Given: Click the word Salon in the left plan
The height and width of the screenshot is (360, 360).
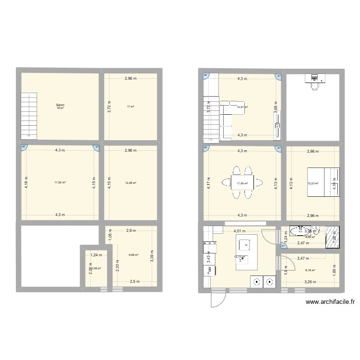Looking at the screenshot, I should point(60,105).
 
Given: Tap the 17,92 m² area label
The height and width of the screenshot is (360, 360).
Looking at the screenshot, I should point(60,182).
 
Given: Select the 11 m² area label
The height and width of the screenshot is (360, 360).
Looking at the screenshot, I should point(131,107).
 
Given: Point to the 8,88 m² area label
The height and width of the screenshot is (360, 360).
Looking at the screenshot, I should point(133,255).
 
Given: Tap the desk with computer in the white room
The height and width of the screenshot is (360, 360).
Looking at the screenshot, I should point(315,77).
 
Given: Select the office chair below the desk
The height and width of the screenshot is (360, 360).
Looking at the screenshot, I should point(315,86).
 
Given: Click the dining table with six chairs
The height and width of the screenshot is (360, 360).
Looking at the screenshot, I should point(242,182).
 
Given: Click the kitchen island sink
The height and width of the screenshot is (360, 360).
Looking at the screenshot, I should point(245,244).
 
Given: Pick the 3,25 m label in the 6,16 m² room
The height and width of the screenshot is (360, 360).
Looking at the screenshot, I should point(312,282).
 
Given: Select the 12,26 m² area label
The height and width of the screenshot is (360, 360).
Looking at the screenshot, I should point(131,183).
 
